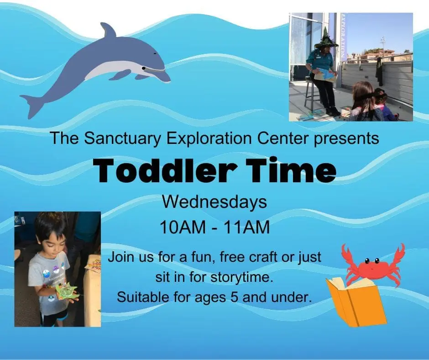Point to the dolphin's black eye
tap(143, 68)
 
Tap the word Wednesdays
tap(214, 202)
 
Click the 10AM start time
tap(183, 227)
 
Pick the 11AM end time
tap(246, 227)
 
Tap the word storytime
tap(242, 277)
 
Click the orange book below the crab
tap(356, 302)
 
